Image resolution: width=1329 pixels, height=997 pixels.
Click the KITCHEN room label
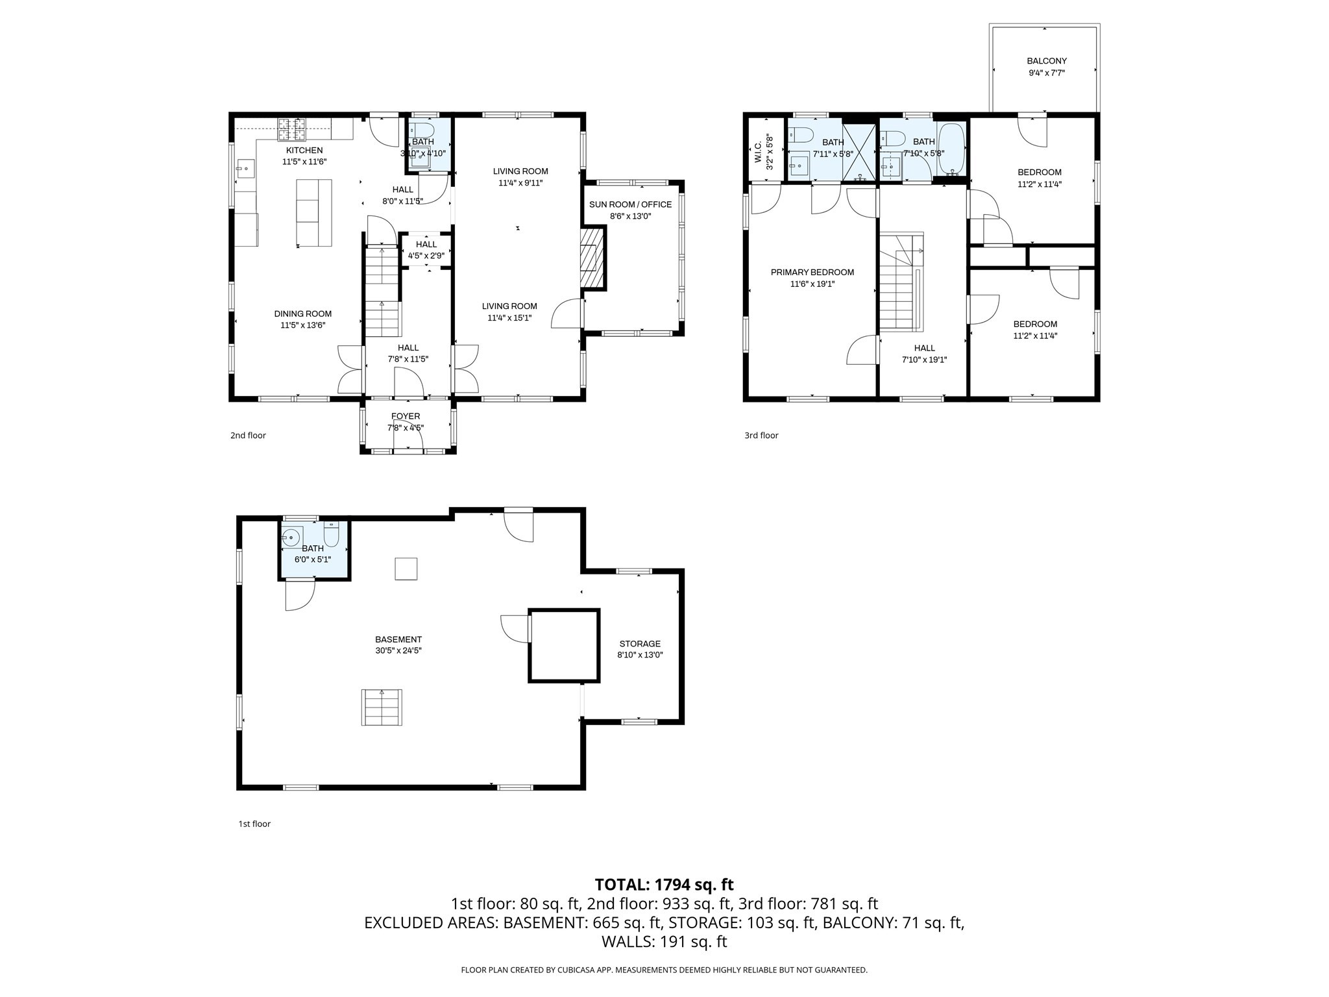304,150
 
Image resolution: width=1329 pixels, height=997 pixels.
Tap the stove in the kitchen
292,129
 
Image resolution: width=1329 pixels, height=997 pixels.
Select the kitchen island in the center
314,213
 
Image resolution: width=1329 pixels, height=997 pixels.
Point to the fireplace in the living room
591,258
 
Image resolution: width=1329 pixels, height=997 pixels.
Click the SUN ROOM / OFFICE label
630,204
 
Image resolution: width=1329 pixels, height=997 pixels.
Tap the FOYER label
406,416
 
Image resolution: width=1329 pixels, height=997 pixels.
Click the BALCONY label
1047,61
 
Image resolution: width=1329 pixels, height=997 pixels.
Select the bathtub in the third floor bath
951,149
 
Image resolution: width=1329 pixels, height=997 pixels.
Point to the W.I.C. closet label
758,151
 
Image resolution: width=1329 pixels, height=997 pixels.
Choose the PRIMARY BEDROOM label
812,272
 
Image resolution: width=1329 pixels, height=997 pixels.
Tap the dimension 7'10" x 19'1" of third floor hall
924,360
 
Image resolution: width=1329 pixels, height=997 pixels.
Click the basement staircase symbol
382,708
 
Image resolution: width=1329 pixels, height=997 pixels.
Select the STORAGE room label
639,644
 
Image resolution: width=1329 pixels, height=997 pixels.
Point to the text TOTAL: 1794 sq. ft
664,884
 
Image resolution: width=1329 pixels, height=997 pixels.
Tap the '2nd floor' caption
248,436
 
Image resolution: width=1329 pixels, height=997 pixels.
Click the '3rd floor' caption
761,436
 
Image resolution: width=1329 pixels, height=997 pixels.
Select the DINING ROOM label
302,314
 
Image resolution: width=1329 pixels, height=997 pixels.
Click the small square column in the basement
406,569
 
